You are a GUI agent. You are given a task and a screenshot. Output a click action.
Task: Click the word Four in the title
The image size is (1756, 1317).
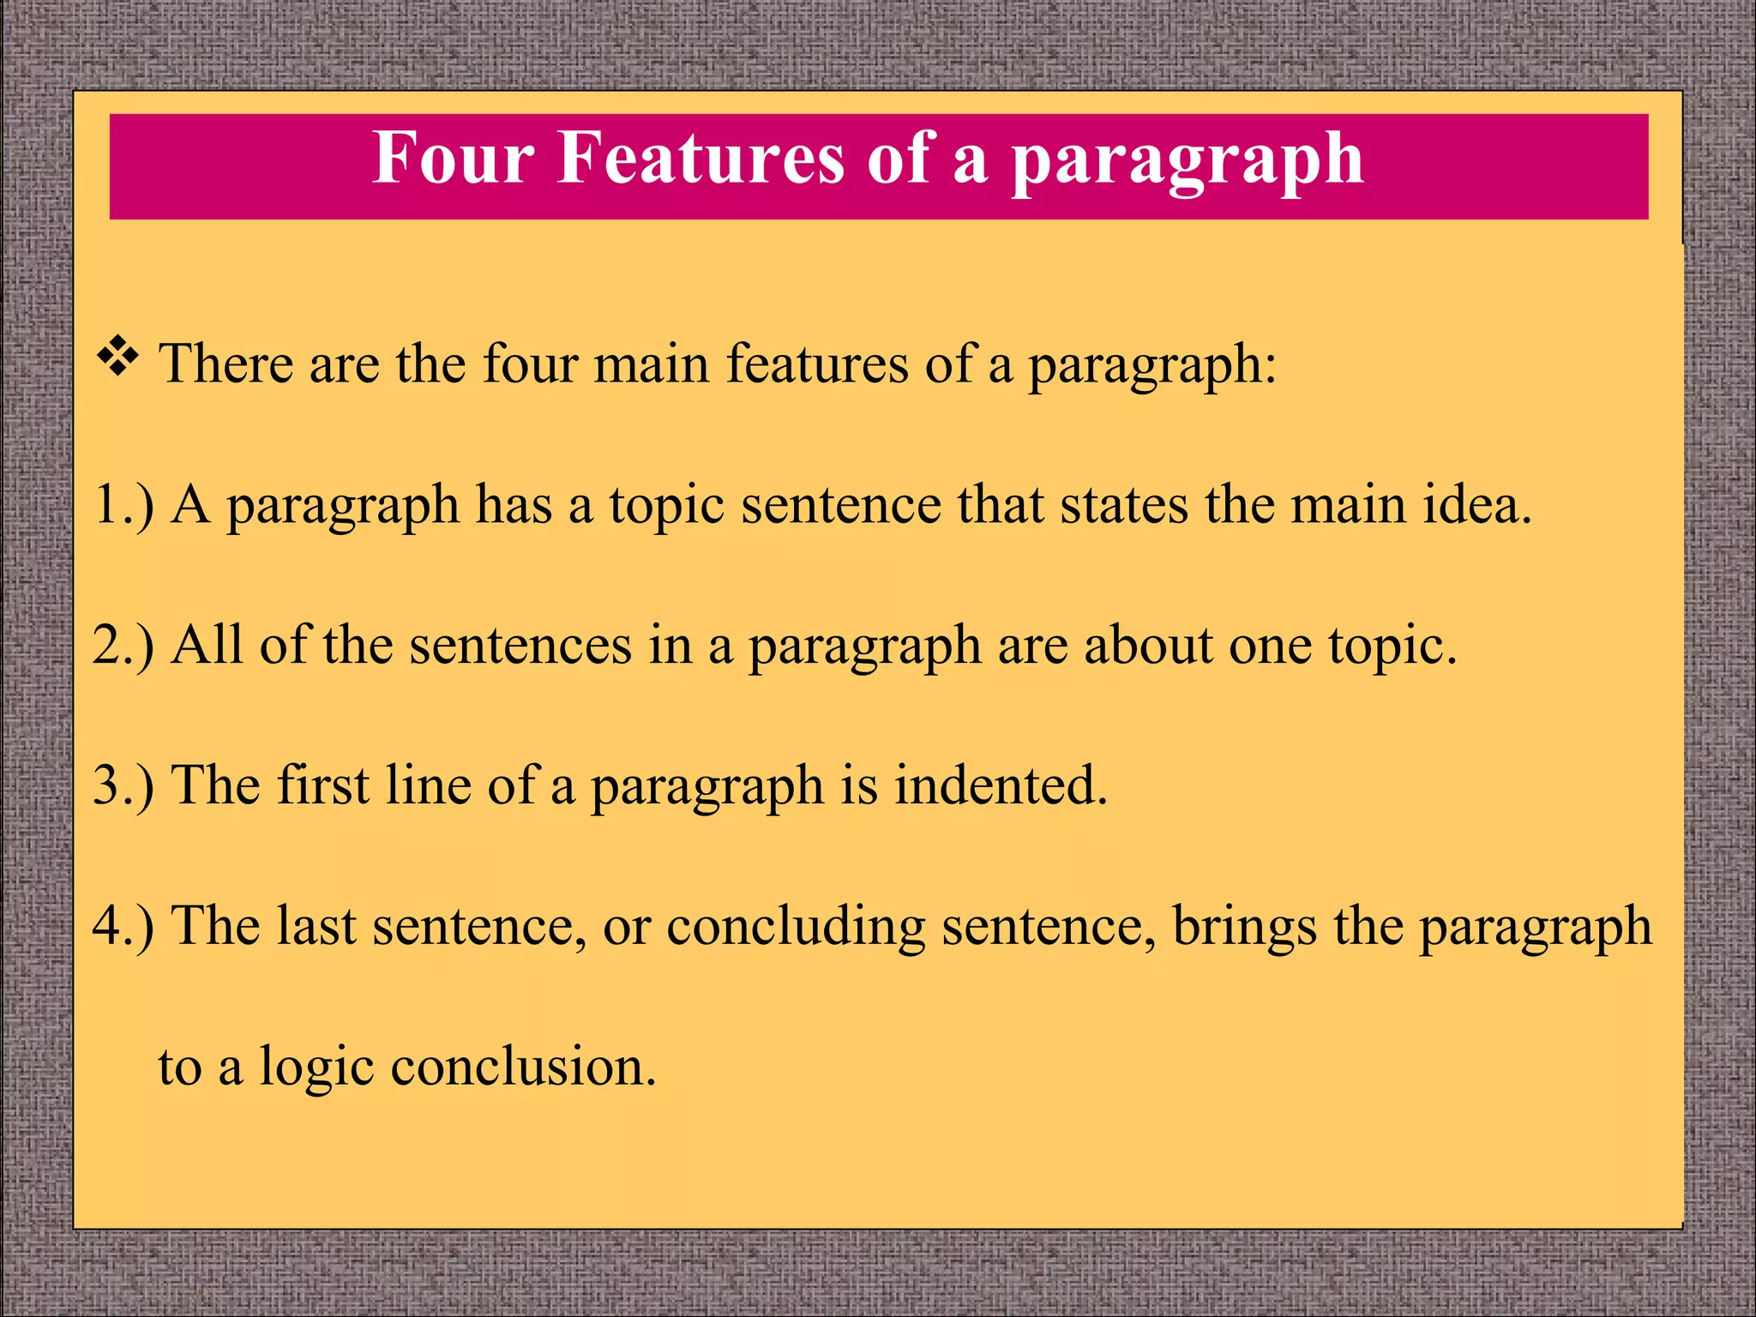[454, 159]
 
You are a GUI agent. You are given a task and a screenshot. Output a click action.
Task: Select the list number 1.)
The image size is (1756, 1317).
[124, 504]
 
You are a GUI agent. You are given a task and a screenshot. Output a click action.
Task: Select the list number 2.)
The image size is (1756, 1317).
[124, 645]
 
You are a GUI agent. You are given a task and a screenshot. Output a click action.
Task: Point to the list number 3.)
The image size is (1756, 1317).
[124, 785]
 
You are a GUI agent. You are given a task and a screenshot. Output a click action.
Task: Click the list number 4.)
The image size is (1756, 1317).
[124, 926]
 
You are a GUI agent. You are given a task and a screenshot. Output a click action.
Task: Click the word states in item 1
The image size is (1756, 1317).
[1124, 504]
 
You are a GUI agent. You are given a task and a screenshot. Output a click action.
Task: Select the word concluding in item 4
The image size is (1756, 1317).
[797, 928]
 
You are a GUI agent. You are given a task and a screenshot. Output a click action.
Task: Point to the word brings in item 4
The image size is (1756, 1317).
[1244, 928]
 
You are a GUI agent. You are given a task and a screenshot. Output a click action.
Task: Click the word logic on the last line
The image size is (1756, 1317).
[316, 1068]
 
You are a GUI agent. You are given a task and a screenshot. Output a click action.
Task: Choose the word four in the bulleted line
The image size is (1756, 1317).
[530, 364]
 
